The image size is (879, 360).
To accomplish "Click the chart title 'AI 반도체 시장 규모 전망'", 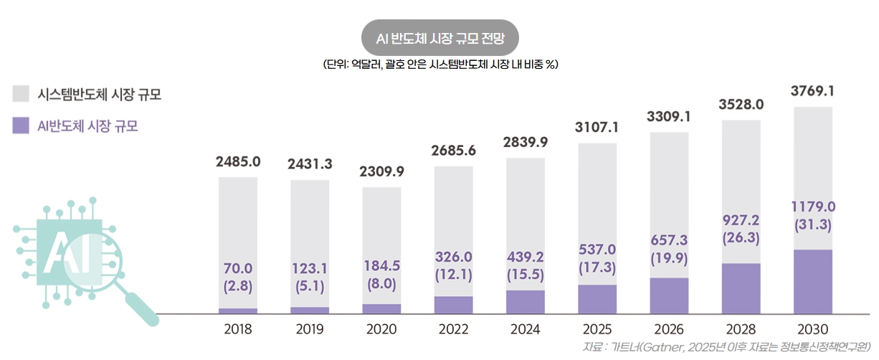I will [x=440, y=37].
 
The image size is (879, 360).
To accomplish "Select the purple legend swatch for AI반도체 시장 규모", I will [x=21, y=125].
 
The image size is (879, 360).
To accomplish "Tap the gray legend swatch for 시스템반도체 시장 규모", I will [x=21, y=93].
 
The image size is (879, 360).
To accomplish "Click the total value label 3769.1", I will [x=812, y=91].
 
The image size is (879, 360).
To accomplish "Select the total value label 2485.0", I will [x=237, y=161].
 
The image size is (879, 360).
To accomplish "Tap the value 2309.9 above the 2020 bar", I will [x=381, y=171].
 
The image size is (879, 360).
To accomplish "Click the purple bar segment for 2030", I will [x=812, y=281].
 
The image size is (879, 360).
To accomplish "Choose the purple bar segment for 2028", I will [x=741, y=288].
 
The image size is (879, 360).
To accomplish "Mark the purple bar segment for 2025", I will [x=597, y=299].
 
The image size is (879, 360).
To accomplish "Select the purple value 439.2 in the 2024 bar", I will [x=525, y=257].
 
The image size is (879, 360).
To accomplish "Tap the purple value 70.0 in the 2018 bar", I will [x=237, y=268].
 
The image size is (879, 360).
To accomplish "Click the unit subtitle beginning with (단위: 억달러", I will [x=440, y=65].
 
